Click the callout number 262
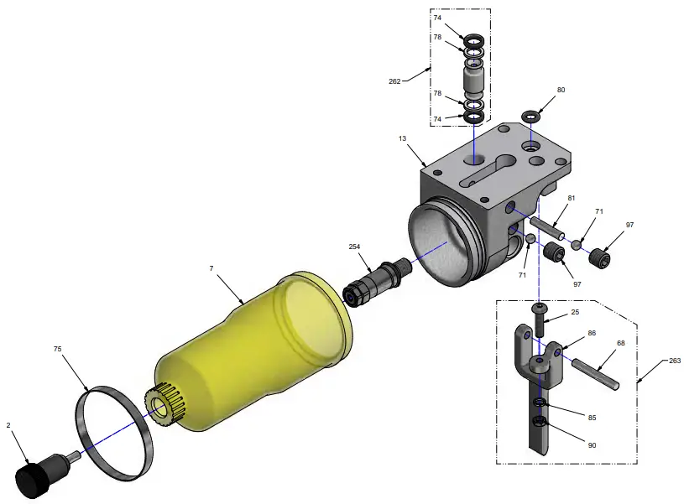pyautogui.click(x=394, y=81)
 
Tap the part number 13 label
pyautogui.click(x=402, y=138)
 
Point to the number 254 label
pyautogui.click(x=354, y=247)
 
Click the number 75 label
pyautogui.click(x=58, y=348)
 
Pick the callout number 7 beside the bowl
pyautogui.click(x=211, y=268)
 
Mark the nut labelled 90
pyautogui.click(x=541, y=421)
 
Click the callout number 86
pyautogui.click(x=592, y=333)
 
